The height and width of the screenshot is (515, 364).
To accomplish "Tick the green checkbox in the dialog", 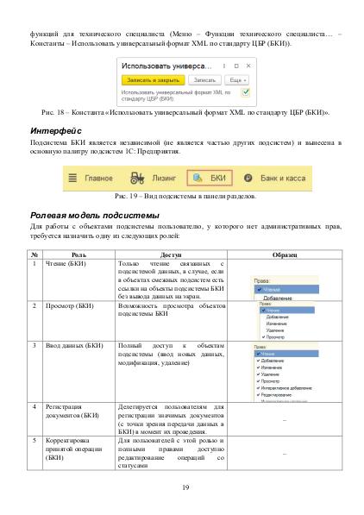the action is [245, 90].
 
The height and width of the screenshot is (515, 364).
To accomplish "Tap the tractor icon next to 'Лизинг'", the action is [135, 177].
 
